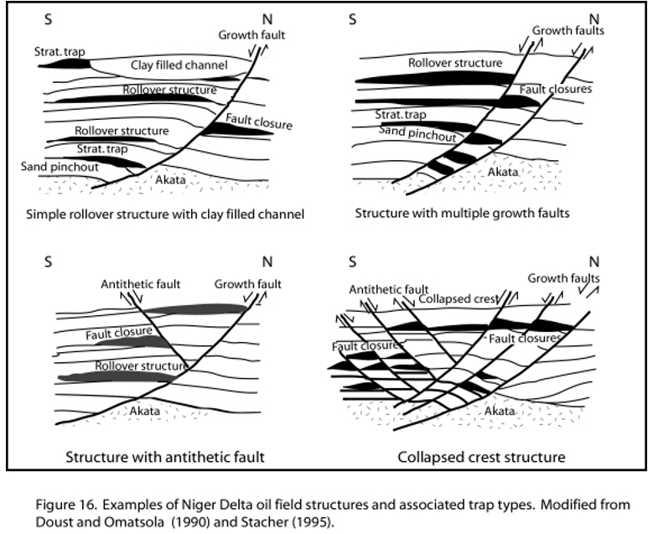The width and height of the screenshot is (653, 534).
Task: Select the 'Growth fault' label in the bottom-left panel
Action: click(x=248, y=283)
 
